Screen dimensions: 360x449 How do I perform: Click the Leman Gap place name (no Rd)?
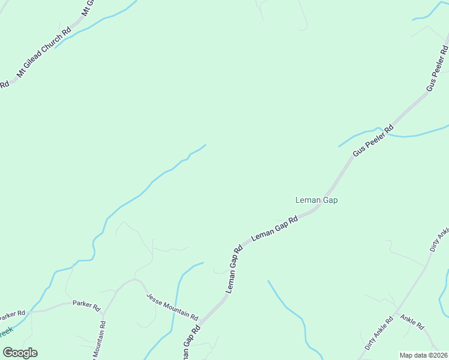pyautogui.click(x=316, y=200)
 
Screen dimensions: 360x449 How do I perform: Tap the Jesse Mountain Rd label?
pyautogui.click(x=173, y=306)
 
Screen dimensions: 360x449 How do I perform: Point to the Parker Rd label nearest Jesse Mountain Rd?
pyautogui.click(x=86, y=304)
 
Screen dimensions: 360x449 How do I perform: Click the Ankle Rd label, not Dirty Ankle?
pyautogui.click(x=412, y=322)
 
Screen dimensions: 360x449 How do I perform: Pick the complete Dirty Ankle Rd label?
pyautogui.click(x=379, y=333)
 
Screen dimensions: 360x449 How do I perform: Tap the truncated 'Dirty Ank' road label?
pyautogui.click(x=439, y=239)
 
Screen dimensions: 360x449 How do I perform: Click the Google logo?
pyautogui.click(x=20, y=353)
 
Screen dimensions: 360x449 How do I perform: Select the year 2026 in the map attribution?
pyautogui.click(x=438, y=355)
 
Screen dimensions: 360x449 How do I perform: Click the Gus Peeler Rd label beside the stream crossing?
pyautogui.click(x=373, y=140)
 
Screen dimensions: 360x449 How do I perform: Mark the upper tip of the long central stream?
pyautogui.click(x=205, y=145)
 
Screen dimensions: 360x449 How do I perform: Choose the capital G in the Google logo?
pyautogui.click(x=8, y=353)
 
